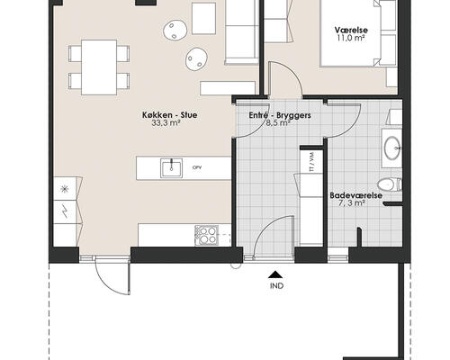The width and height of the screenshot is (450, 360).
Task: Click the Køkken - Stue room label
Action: click(170, 115)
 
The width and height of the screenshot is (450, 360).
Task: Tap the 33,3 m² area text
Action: click(166, 123)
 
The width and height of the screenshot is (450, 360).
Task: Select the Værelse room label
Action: click(351, 30)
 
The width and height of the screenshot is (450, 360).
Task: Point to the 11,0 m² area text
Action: click(351, 38)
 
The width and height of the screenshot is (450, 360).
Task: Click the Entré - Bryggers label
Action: click(280, 115)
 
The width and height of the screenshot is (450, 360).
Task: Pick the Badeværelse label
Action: click(356, 195)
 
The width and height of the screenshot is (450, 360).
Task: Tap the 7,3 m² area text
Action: click(352, 203)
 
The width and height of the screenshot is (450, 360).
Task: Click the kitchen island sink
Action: click(171, 168)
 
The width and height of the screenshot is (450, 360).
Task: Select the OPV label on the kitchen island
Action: click(197, 167)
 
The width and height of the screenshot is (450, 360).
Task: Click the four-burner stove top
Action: click(207, 235)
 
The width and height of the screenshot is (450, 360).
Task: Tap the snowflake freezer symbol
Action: click(65, 189)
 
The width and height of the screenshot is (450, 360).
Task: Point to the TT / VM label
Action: click(311, 162)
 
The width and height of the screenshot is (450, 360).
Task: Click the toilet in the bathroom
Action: click(390, 184)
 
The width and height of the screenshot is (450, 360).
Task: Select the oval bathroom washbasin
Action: click(392, 148)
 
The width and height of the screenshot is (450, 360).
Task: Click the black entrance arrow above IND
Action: click(275, 274)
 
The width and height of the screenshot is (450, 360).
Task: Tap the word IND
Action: click(276, 286)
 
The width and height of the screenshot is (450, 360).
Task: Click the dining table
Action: click(99, 67)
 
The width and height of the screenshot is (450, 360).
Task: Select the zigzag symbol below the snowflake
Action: click(65, 211)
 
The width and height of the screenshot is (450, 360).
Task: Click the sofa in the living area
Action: click(242, 32)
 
